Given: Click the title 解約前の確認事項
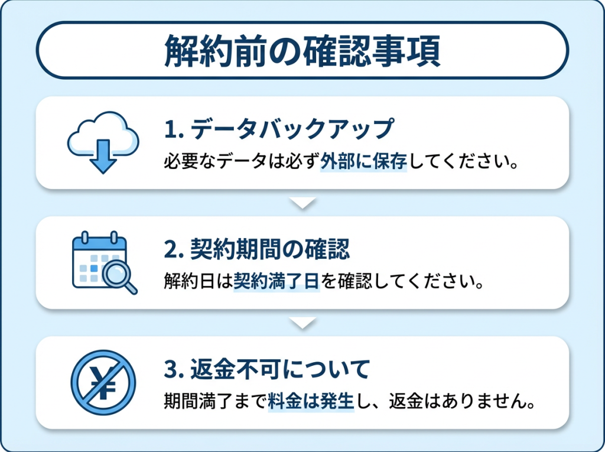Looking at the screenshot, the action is [x=302, y=51].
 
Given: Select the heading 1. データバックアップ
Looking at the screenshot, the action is [x=279, y=129].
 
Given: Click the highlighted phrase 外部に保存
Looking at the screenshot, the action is [x=363, y=161].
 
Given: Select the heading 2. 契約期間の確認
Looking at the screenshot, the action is [x=257, y=249].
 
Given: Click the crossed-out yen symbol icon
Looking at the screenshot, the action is [x=103, y=382].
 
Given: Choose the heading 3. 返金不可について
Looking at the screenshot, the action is [x=267, y=369].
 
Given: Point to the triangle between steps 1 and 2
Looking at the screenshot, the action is [x=302, y=203].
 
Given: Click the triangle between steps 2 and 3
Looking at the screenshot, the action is [x=302, y=323].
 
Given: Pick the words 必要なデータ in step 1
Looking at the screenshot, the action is [x=215, y=161].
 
